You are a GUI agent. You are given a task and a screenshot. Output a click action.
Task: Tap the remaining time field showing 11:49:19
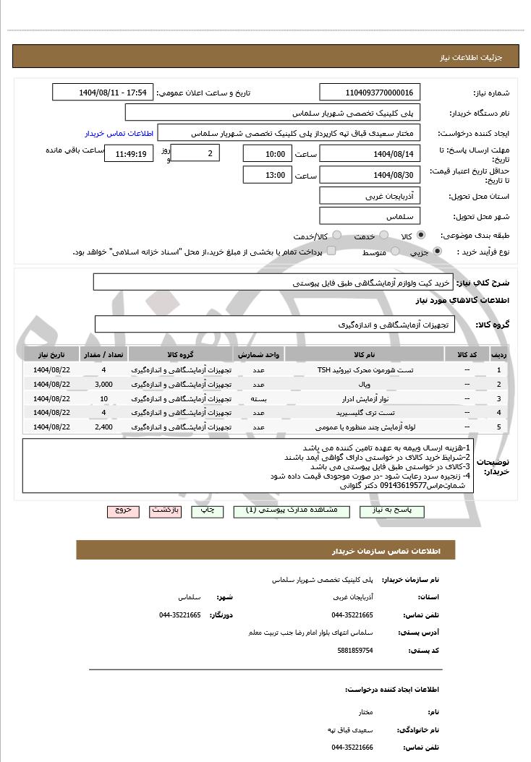(x=129, y=154)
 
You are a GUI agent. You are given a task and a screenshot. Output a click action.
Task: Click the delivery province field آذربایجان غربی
(x=369, y=196)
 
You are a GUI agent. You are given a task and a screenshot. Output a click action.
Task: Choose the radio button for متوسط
(x=395, y=252)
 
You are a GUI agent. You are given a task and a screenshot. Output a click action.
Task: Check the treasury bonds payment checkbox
(x=331, y=251)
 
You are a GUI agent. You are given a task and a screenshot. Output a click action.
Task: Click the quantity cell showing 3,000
(x=103, y=384)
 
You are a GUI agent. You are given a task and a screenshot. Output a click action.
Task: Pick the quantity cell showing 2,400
(x=103, y=427)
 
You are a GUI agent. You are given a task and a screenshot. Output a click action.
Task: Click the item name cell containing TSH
(x=365, y=370)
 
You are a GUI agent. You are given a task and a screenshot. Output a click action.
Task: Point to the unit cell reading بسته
(x=258, y=398)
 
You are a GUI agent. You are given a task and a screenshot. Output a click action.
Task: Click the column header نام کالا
(x=365, y=356)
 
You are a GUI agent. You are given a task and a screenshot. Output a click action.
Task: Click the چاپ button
(x=207, y=511)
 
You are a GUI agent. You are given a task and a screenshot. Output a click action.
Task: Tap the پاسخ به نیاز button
(x=406, y=511)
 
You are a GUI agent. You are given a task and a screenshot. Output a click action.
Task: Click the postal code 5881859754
(x=355, y=651)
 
